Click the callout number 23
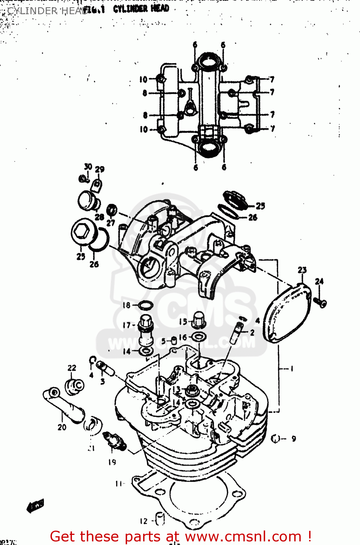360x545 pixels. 302,270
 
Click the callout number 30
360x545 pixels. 88,166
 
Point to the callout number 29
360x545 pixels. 100,169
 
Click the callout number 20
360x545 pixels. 62,427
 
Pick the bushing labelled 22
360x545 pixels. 74,386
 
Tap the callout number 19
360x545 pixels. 112,462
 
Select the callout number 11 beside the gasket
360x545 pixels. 119,484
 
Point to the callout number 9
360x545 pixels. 294,439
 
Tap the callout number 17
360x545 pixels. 126,325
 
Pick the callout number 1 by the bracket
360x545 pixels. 291,369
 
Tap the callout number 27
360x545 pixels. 111,223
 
